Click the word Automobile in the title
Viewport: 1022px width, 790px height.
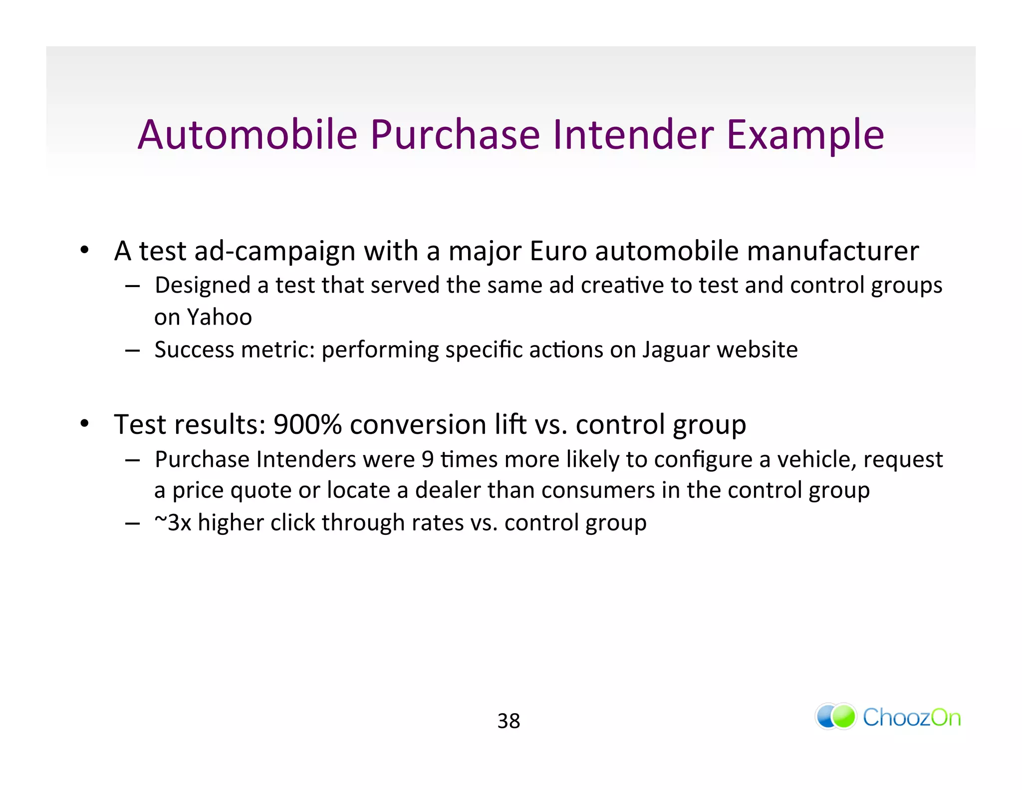click(x=248, y=135)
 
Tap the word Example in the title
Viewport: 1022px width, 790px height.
click(x=805, y=136)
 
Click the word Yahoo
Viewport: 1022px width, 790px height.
click(x=220, y=317)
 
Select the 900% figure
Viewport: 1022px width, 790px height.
click(x=307, y=424)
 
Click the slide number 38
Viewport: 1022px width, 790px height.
click(x=509, y=721)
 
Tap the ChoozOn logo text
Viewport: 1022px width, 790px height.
click(x=912, y=718)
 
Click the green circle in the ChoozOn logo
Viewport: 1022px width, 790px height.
click(x=844, y=717)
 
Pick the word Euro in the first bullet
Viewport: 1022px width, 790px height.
click(x=558, y=251)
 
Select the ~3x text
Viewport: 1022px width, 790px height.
click(x=173, y=523)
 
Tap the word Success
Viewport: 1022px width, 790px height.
click(x=194, y=350)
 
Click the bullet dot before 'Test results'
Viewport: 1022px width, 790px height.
click(x=85, y=424)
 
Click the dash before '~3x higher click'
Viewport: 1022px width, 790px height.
click(x=132, y=523)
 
